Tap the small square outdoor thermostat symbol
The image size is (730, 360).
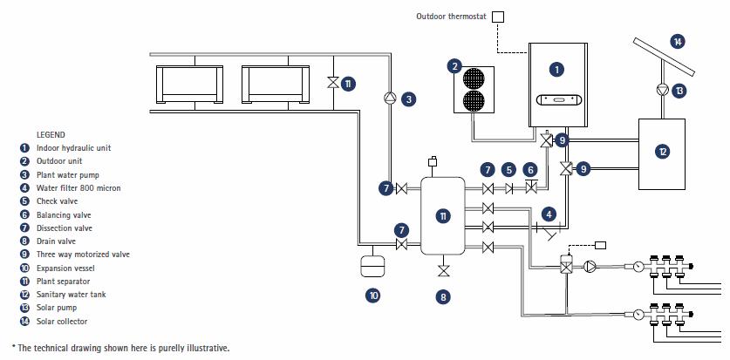[x=498, y=17]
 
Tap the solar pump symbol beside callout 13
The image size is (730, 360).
[x=662, y=90]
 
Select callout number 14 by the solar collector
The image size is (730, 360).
[x=678, y=41]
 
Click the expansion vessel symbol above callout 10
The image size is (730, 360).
[x=372, y=265]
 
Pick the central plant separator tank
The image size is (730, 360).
[x=443, y=215]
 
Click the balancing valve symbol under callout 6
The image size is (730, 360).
[x=529, y=189]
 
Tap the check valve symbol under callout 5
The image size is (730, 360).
[x=509, y=189]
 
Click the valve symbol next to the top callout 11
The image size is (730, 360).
[x=332, y=83]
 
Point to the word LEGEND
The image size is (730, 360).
[x=51, y=134]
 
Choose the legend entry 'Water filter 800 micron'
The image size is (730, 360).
[x=78, y=187]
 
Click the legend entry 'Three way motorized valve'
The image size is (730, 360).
[x=83, y=255]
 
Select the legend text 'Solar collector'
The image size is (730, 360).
[x=63, y=321]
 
